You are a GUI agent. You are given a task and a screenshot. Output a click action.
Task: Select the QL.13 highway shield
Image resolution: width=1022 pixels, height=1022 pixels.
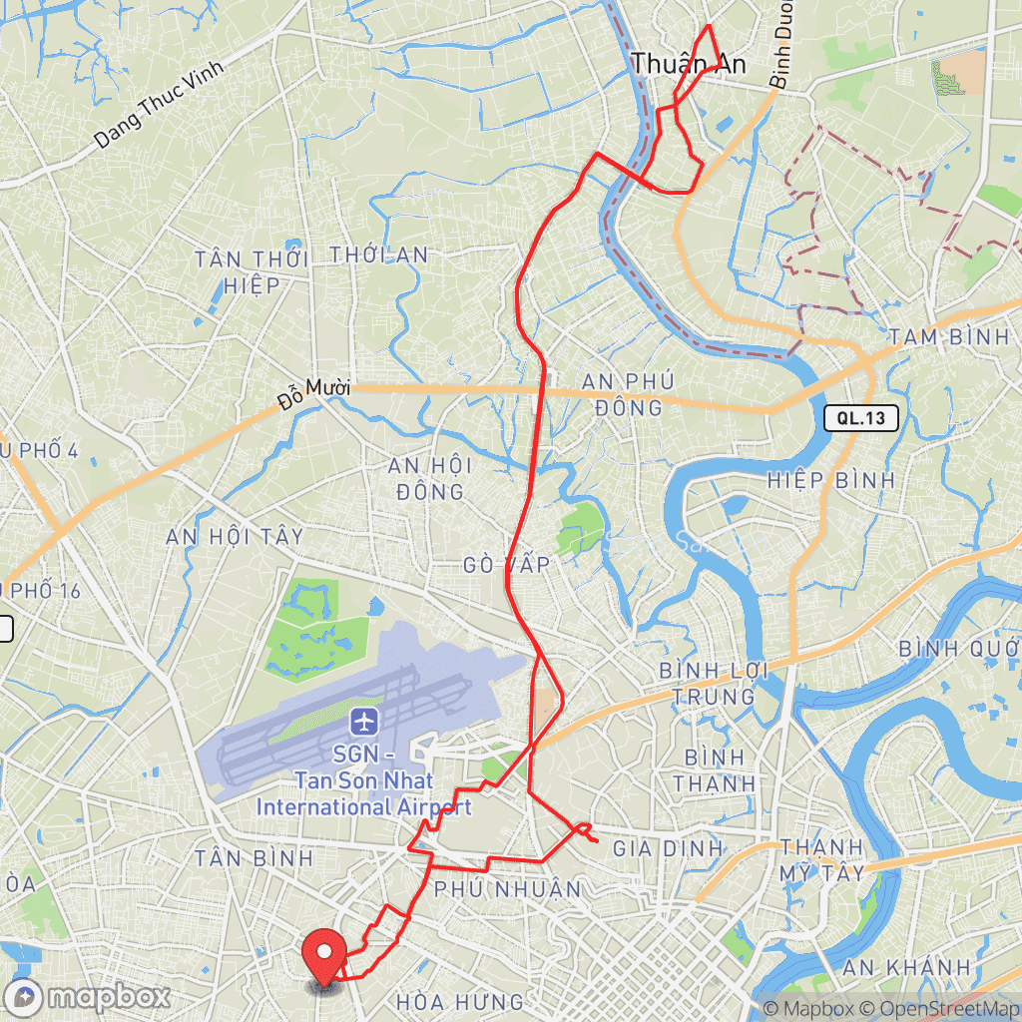pyautogui.click(x=861, y=418)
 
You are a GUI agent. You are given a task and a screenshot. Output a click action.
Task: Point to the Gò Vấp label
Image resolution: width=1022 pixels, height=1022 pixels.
pyautogui.click(x=507, y=565)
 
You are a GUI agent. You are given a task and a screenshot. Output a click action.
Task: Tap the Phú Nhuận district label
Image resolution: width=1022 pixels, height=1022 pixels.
pyautogui.click(x=507, y=888)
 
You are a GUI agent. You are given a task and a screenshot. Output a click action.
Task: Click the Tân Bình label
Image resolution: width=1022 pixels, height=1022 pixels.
pyautogui.click(x=255, y=857)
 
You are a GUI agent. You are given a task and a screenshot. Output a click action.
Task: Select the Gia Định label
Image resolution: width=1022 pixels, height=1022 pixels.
pyautogui.click(x=667, y=848)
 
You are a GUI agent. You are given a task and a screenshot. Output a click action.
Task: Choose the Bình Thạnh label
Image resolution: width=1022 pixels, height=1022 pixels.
pyautogui.click(x=714, y=768)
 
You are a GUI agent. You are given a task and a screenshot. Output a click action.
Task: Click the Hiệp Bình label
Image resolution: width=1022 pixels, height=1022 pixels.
pyautogui.click(x=831, y=480)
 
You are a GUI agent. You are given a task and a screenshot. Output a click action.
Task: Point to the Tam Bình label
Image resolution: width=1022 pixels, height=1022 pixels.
pyautogui.click(x=949, y=337)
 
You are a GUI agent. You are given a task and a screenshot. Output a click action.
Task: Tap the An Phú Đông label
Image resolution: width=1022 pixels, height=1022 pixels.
pyautogui.click(x=629, y=394)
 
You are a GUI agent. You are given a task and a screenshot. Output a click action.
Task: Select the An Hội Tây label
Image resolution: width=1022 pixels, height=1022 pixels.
pyautogui.click(x=235, y=537)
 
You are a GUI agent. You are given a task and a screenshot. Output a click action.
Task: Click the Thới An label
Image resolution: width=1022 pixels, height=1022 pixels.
pyautogui.click(x=379, y=255)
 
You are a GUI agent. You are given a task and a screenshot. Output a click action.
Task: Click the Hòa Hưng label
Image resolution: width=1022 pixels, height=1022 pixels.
pyautogui.click(x=460, y=1001)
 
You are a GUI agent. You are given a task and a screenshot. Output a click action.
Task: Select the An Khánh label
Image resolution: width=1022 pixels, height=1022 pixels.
pyautogui.click(x=906, y=966)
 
